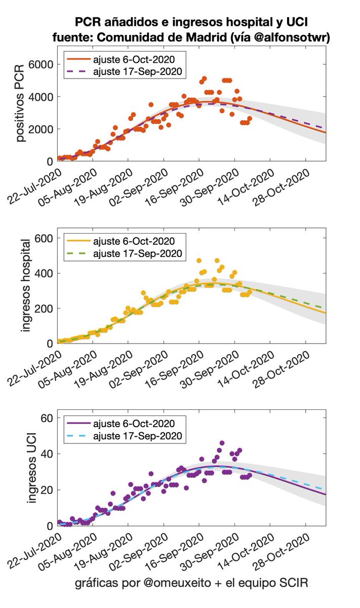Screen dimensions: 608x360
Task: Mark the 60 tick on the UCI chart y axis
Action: tap(48, 418)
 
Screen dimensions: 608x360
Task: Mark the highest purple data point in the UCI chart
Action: tap(222, 443)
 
